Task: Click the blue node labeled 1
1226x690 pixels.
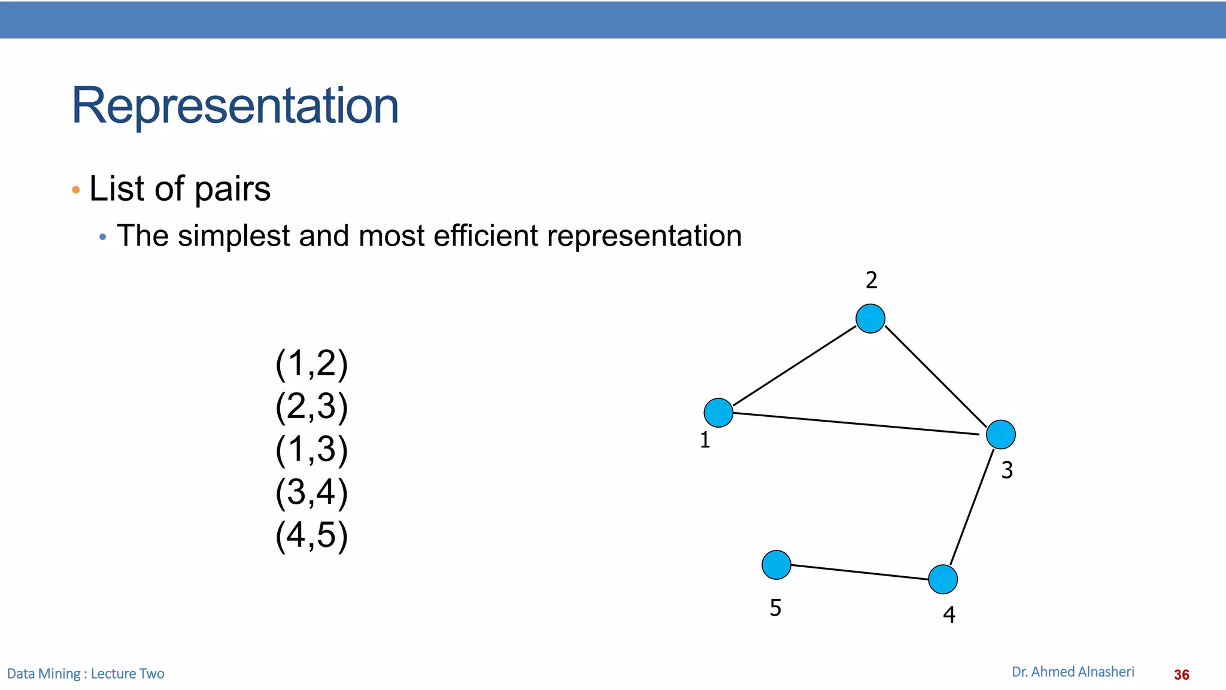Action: (718, 413)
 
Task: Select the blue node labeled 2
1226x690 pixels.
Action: (870, 318)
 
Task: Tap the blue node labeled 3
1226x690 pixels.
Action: (1000, 434)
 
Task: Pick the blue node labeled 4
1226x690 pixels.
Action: (943, 579)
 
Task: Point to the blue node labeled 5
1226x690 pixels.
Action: (776, 565)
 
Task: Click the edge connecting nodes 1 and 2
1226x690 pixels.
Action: (794, 365)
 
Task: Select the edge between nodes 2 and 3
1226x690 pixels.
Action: (935, 376)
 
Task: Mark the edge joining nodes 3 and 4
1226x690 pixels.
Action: (972, 507)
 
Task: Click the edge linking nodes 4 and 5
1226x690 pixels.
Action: (860, 572)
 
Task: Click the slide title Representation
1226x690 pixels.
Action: (235, 105)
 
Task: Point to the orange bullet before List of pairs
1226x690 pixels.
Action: (75, 190)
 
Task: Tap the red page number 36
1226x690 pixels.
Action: (1181, 674)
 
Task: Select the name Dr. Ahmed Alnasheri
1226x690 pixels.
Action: (1073, 672)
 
